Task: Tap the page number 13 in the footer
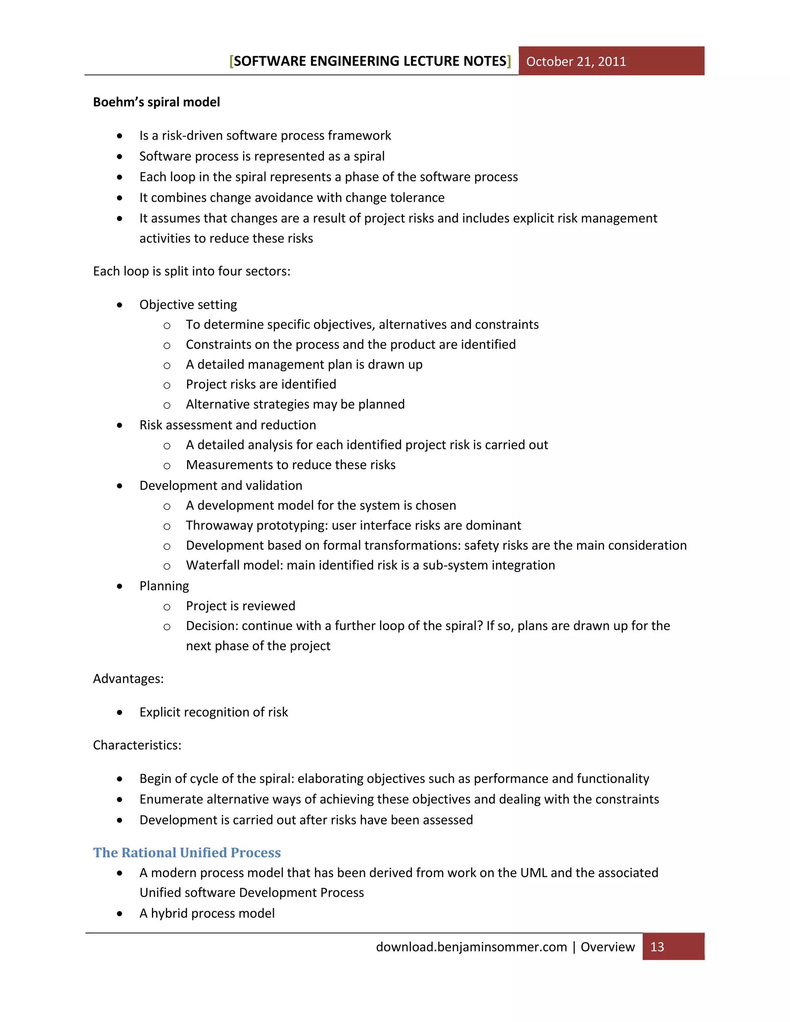pyautogui.click(x=657, y=947)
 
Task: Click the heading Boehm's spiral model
pyautogui.click(x=156, y=102)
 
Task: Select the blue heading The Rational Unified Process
pyautogui.click(x=187, y=852)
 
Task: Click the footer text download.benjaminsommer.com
pyautogui.click(x=471, y=947)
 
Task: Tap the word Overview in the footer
pyautogui.click(x=608, y=947)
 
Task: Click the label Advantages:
pyautogui.click(x=128, y=678)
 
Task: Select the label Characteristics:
pyautogui.click(x=137, y=745)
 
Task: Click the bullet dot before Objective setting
pyautogui.click(x=120, y=305)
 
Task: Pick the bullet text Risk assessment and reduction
pyautogui.click(x=228, y=425)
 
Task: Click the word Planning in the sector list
pyautogui.click(x=164, y=586)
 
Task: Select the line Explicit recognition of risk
pyautogui.click(x=213, y=712)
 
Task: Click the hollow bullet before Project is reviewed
pyautogui.click(x=167, y=607)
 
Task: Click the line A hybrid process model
pyautogui.click(x=207, y=913)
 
